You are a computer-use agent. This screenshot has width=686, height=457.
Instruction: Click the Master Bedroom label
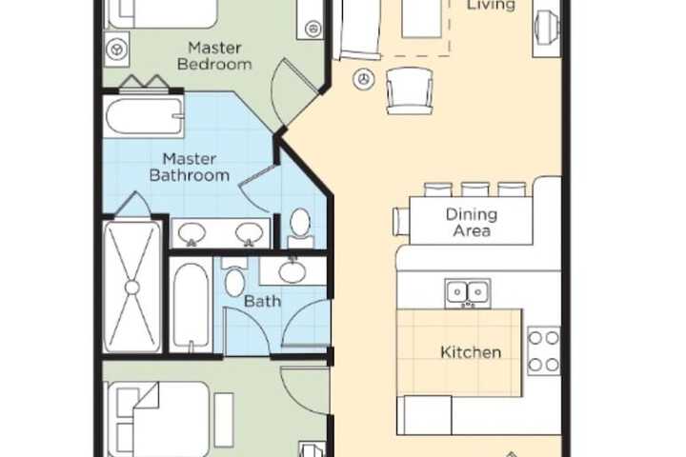[x=214, y=56]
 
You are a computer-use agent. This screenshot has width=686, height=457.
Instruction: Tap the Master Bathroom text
[x=190, y=167]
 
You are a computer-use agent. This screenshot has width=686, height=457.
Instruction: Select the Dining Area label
[x=472, y=222]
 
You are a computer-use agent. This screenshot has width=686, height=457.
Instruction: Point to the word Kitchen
[x=471, y=352]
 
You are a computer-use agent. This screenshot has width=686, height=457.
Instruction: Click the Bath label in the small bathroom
[x=262, y=301]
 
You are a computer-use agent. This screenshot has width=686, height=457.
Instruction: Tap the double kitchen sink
[x=467, y=292]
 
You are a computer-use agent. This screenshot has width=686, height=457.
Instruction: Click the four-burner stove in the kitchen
[x=544, y=350]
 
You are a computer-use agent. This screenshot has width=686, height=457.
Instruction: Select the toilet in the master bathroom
[x=300, y=228]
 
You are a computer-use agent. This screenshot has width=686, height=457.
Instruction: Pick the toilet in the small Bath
[x=234, y=276]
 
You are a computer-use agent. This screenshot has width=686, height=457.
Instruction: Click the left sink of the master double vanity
[x=192, y=233]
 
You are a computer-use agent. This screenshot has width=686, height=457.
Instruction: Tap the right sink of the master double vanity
[x=249, y=233]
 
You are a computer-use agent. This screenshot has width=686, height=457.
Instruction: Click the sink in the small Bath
[x=293, y=271]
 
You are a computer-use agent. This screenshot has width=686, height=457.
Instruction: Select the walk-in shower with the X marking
[x=132, y=287]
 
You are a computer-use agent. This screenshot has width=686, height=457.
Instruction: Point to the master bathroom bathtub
[x=144, y=117]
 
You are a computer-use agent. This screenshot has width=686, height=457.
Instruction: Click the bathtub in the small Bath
[x=191, y=305]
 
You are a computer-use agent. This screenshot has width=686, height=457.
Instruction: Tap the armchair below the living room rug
[x=410, y=91]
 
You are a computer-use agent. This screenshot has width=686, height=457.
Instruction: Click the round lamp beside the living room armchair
[x=364, y=80]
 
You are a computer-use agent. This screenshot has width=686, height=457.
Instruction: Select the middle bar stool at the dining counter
[x=474, y=189]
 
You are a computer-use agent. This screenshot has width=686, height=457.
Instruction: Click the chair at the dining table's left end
[x=401, y=221]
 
